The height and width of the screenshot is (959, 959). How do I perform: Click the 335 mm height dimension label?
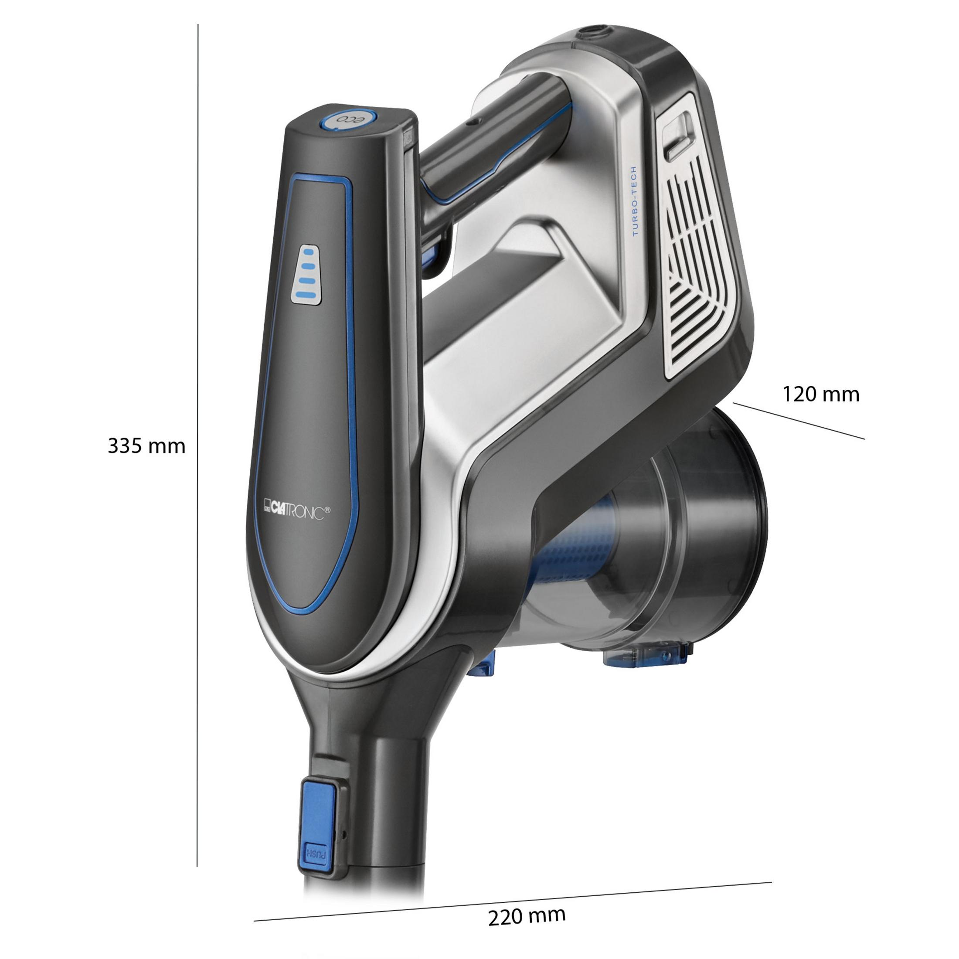pos(146,446)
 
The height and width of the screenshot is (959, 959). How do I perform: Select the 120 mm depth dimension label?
pos(821,394)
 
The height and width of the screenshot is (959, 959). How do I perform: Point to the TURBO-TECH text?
pos(636,201)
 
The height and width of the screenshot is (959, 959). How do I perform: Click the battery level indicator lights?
pos(308,275)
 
